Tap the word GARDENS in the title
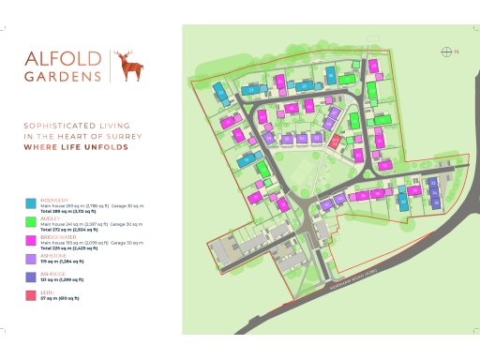(63, 74)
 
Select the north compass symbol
(447, 52)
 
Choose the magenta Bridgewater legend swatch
(31, 242)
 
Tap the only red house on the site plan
(335, 141)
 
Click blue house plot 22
(220, 94)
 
